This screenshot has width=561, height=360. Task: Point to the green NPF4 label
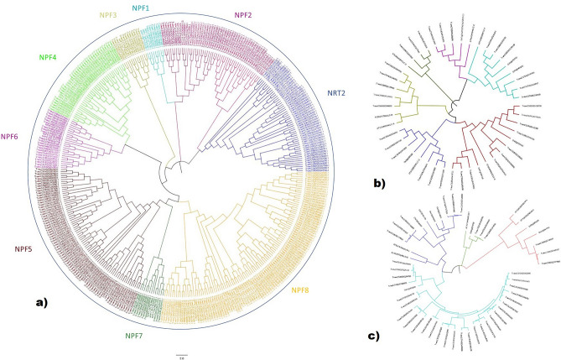(48, 57)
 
